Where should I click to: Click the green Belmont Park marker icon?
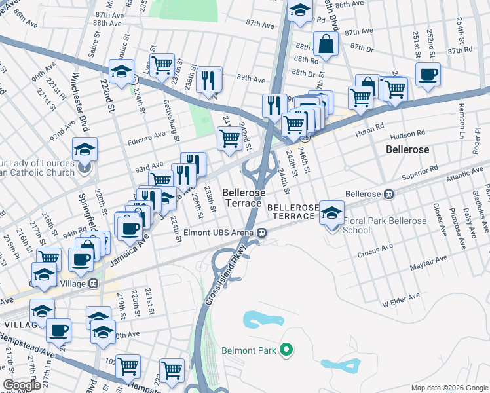tap(285, 350)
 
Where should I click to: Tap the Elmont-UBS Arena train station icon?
tap(262, 232)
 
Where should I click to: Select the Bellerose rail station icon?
tap(388, 194)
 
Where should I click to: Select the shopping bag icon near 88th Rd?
tap(326, 45)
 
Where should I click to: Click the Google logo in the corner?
tap(22, 385)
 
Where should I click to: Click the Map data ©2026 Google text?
tap(449, 388)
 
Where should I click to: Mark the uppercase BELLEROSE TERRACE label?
tap(293, 211)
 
